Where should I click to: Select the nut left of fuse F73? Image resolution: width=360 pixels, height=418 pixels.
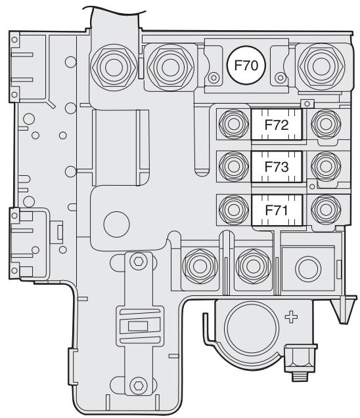pos(232,165)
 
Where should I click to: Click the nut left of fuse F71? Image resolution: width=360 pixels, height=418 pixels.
pos(232,209)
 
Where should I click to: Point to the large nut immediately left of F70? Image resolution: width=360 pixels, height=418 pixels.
pos(167,66)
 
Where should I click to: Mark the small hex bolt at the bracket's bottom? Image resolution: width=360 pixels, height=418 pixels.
pos(137,383)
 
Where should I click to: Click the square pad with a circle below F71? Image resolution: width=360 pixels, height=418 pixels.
pos(304,266)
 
